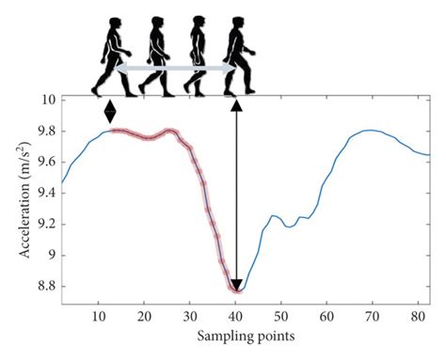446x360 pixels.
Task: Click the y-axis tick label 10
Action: point(46,99)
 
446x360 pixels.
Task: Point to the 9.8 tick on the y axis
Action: point(46,130)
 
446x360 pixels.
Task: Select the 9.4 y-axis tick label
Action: point(46,192)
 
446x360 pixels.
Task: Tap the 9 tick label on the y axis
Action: point(52,255)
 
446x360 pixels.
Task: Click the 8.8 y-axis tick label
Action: point(46,286)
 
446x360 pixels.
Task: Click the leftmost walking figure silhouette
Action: point(110,55)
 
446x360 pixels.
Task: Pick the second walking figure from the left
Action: point(154,55)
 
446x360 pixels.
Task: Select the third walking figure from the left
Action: point(198,55)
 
